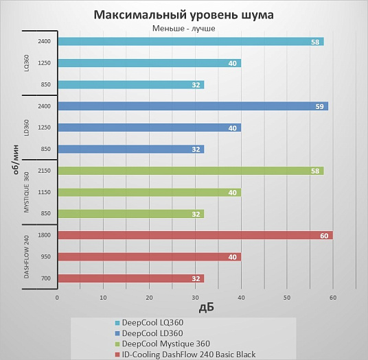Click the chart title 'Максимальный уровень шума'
183,15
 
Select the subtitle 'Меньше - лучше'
184,28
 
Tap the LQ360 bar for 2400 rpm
191,41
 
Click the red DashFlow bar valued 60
195,235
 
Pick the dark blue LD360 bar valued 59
193,106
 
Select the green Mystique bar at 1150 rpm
150,193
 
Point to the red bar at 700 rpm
131,278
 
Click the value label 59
319,107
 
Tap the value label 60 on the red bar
324,236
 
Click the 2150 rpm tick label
45,171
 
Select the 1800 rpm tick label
45,235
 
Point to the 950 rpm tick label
46,256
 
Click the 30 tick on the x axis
195,298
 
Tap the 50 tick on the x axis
287,298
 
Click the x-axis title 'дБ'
207,308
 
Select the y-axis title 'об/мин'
16,160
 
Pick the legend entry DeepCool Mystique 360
163,344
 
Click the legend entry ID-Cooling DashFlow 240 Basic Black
185,354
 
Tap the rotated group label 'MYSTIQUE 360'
27,193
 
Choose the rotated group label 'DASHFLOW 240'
27,256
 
